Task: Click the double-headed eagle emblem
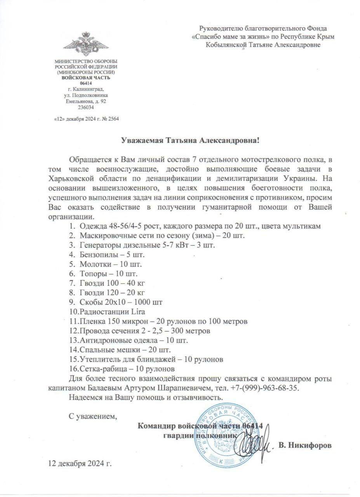pyautogui.click(x=86, y=44)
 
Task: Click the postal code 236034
pyautogui.click(x=86, y=107)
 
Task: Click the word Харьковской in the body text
pyautogui.click(x=72, y=179)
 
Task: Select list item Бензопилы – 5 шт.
pyautogui.click(x=111, y=255)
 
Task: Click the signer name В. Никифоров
pyautogui.click(x=305, y=445)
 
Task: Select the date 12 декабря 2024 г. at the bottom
pyautogui.click(x=80, y=464)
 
